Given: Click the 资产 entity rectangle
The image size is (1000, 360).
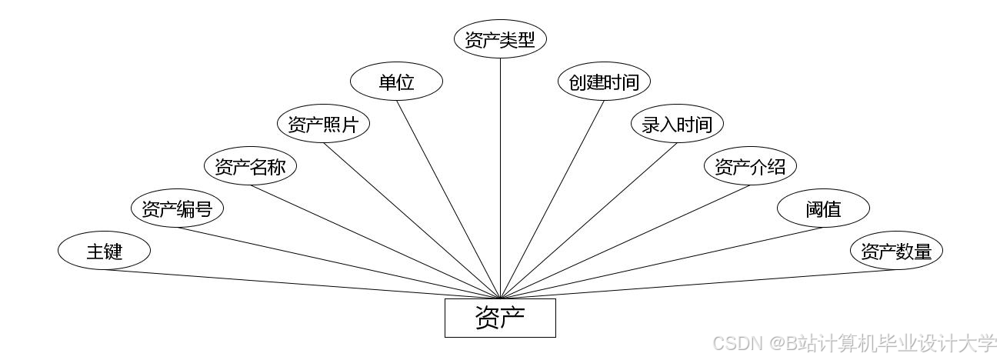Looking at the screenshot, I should [500, 318].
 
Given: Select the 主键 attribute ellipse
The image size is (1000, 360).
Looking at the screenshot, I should [104, 251].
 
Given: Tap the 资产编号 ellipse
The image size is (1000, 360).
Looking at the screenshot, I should [177, 208].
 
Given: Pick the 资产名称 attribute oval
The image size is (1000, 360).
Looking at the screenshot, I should [250, 166].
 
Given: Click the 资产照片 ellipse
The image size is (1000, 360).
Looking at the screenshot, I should [323, 125].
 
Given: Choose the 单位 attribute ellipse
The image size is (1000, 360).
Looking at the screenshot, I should [396, 82].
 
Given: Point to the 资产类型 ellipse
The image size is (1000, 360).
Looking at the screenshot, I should [500, 40].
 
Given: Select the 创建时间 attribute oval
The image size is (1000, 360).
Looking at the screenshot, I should [604, 82].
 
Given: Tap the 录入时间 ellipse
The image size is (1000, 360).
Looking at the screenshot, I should [677, 125].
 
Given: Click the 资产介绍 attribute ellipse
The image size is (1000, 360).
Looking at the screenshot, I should [750, 166].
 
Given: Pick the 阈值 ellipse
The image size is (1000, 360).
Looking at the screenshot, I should [823, 208].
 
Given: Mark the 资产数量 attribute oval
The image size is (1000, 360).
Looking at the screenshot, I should [896, 251].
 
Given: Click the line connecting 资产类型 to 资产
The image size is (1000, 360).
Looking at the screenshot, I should [500, 177].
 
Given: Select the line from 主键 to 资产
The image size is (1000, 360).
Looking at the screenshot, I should [300, 284].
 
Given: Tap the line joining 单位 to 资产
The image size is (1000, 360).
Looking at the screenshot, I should [448, 199].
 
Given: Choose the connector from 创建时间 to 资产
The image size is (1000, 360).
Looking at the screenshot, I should [552, 199].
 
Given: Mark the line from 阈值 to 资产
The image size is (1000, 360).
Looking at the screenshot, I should [662, 263].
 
